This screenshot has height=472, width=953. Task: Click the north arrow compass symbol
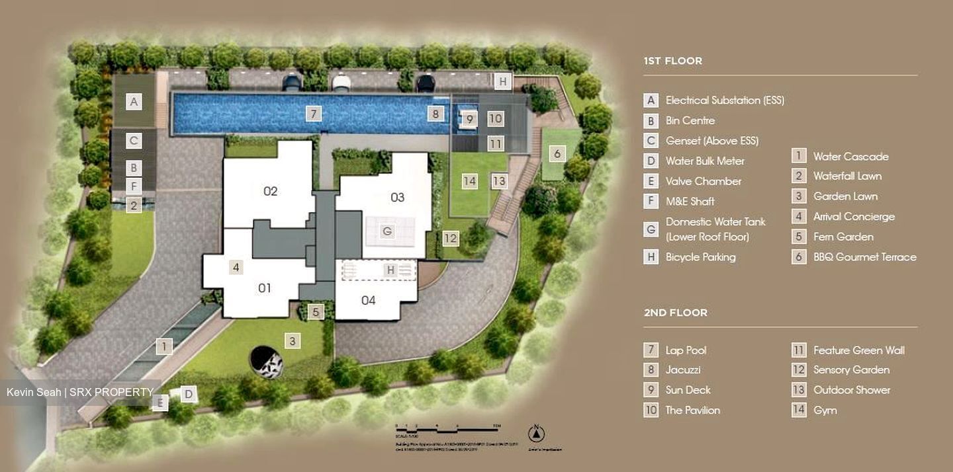pyautogui.click(x=537, y=434)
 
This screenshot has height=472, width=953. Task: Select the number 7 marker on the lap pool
pyautogui.click(x=314, y=114)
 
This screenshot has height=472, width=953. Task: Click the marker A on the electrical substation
pyautogui.click(x=134, y=102)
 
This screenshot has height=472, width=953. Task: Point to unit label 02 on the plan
pyautogui.click(x=270, y=192)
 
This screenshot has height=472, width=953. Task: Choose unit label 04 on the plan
pyautogui.click(x=369, y=300)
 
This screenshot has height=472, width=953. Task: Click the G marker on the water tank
pyautogui.click(x=388, y=231)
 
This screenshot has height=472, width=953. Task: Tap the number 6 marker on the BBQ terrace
pyautogui.click(x=557, y=153)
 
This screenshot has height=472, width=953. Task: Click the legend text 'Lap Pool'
pyautogui.click(x=686, y=350)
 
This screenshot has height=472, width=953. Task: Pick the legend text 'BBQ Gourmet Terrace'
pyautogui.click(x=864, y=257)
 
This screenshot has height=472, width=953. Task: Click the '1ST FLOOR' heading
pyautogui.click(x=672, y=61)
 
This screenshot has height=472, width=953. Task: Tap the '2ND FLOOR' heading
pyautogui.click(x=675, y=313)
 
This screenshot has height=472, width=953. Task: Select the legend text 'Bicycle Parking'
pyautogui.click(x=700, y=257)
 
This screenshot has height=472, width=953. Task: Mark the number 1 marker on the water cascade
pyautogui.click(x=164, y=345)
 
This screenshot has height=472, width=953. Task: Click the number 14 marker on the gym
pyautogui.click(x=469, y=181)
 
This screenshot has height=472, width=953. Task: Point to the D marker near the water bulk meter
pyautogui.click(x=188, y=395)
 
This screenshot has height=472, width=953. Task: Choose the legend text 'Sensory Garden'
pyautogui.click(x=851, y=370)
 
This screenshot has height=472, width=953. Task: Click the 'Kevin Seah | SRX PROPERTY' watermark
pyautogui.click(x=79, y=392)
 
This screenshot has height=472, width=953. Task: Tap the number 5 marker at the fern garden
pyautogui.click(x=316, y=311)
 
